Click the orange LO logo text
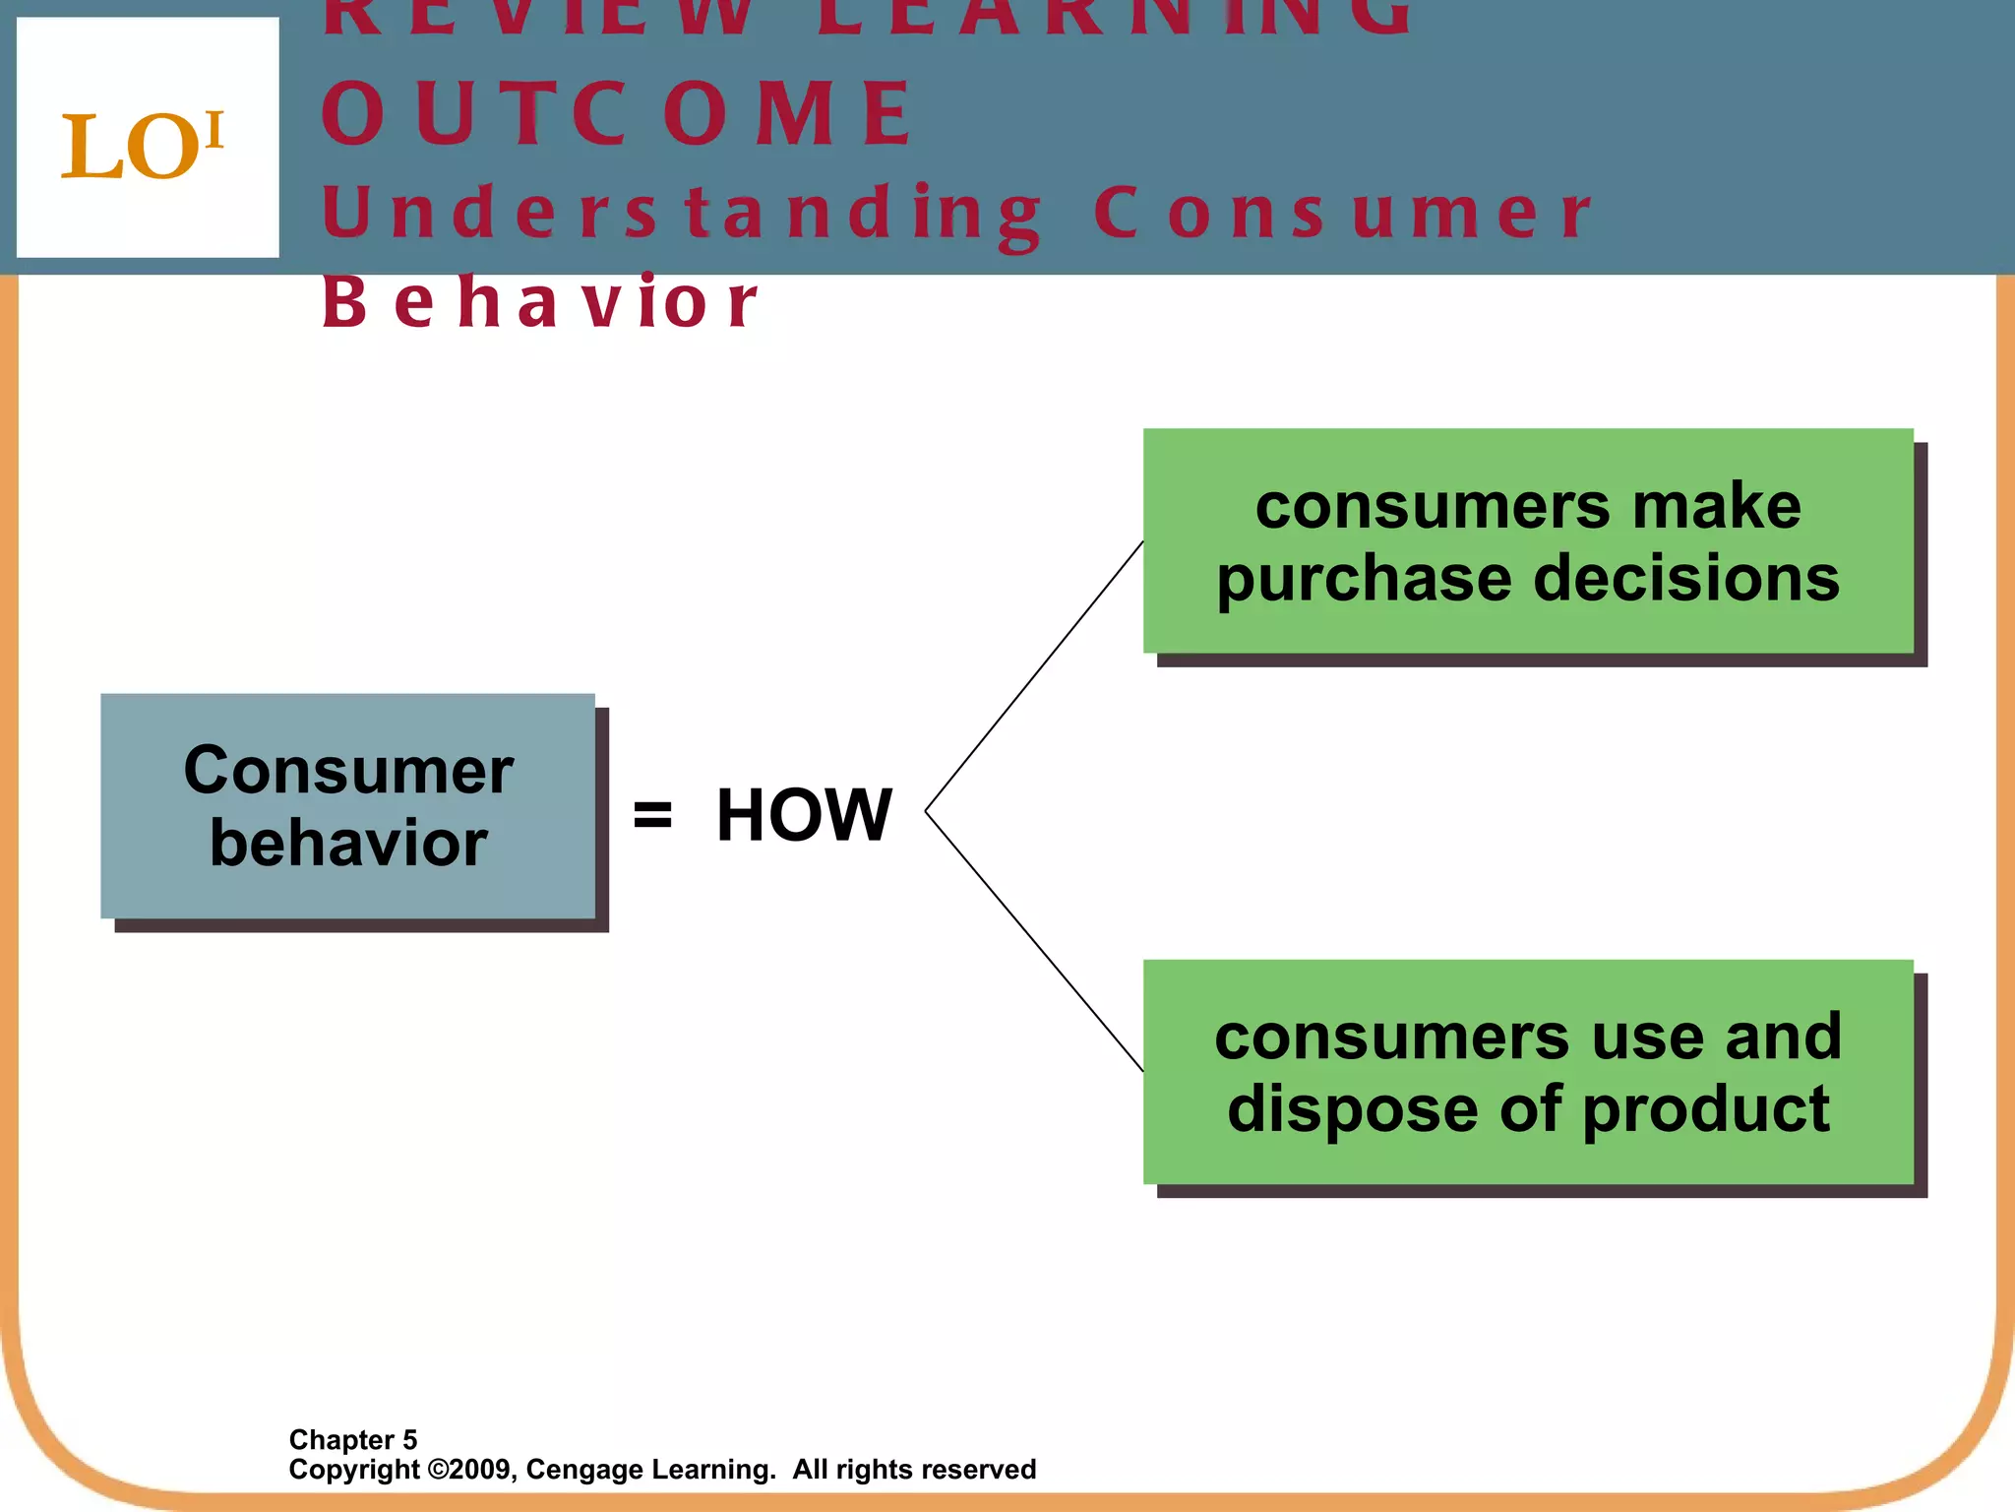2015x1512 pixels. (142, 146)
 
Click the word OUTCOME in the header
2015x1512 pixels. (618, 114)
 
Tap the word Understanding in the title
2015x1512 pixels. (681, 213)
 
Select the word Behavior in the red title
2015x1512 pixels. (539, 302)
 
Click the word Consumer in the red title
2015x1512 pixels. (1342, 213)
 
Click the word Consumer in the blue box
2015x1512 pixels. (348, 770)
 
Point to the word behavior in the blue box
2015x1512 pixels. (348, 844)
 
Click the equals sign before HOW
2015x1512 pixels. (652, 815)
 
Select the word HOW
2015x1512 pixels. (804, 815)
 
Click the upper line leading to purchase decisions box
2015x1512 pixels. (1033, 677)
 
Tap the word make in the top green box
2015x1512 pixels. (1716, 506)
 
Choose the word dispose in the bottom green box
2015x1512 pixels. (1353, 1109)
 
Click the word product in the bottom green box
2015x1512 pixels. (1706, 1109)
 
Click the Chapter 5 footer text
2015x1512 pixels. (353, 1439)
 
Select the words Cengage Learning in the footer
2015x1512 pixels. (650, 1470)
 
